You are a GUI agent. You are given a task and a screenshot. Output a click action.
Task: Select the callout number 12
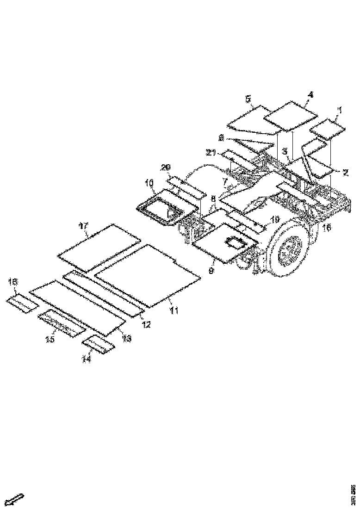point(146,324)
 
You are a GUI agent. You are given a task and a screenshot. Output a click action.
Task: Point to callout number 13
point(126,339)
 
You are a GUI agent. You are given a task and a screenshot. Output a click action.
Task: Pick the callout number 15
point(50,339)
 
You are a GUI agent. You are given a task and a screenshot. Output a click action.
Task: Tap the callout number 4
point(310,94)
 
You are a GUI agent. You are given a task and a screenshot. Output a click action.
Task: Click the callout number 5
point(248,99)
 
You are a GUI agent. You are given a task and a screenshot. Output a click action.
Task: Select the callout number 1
point(339,110)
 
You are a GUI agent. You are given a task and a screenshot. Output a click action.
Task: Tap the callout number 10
point(150,183)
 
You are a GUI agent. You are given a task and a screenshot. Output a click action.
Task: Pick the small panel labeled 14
point(98,345)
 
